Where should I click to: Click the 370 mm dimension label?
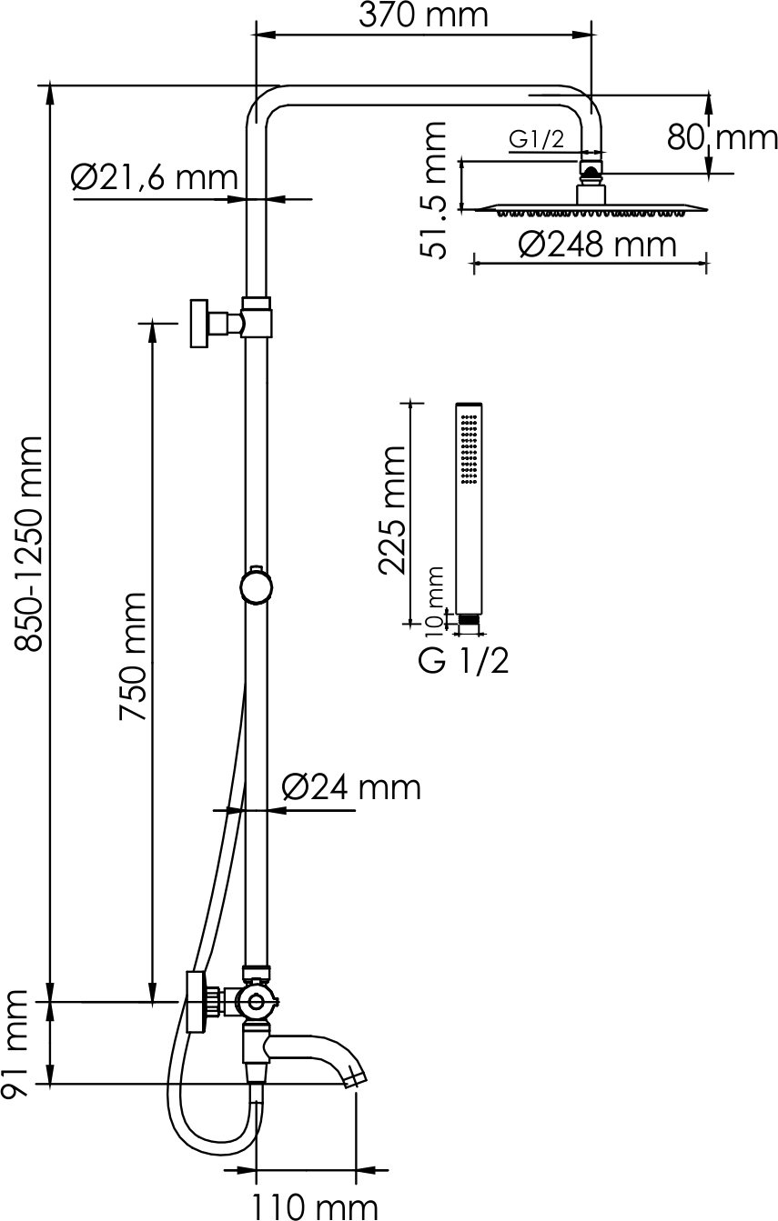tap(423, 15)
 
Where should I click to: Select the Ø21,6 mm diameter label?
tap(155, 177)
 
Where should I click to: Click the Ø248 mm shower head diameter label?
tap(598, 245)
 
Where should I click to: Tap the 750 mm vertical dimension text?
tap(133, 656)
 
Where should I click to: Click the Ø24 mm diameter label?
tap(351, 787)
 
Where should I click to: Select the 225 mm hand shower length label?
tap(392, 510)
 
